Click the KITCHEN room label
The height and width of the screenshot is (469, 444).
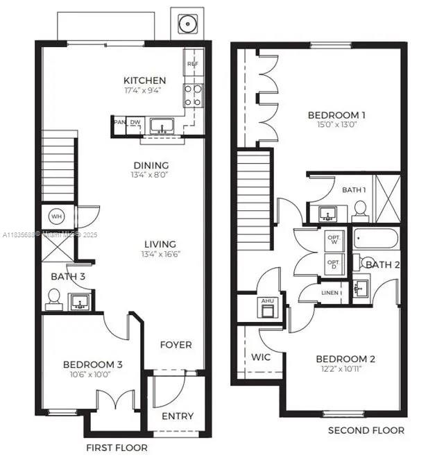point(144,80)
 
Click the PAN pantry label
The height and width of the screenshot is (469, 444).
point(119,123)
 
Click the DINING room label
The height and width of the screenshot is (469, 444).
point(151,165)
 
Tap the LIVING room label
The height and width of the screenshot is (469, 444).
point(160,244)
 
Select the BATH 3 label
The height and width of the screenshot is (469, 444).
point(68,277)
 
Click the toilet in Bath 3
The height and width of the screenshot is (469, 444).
point(53,299)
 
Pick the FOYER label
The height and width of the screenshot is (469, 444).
point(176,345)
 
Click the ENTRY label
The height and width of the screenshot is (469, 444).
point(178,416)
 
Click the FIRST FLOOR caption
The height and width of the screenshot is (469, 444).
point(117,447)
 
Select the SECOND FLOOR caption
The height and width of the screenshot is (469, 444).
point(366,430)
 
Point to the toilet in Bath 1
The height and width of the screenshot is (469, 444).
point(360,209)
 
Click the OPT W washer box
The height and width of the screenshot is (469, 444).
point(334,239)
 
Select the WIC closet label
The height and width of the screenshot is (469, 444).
point(261,357)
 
